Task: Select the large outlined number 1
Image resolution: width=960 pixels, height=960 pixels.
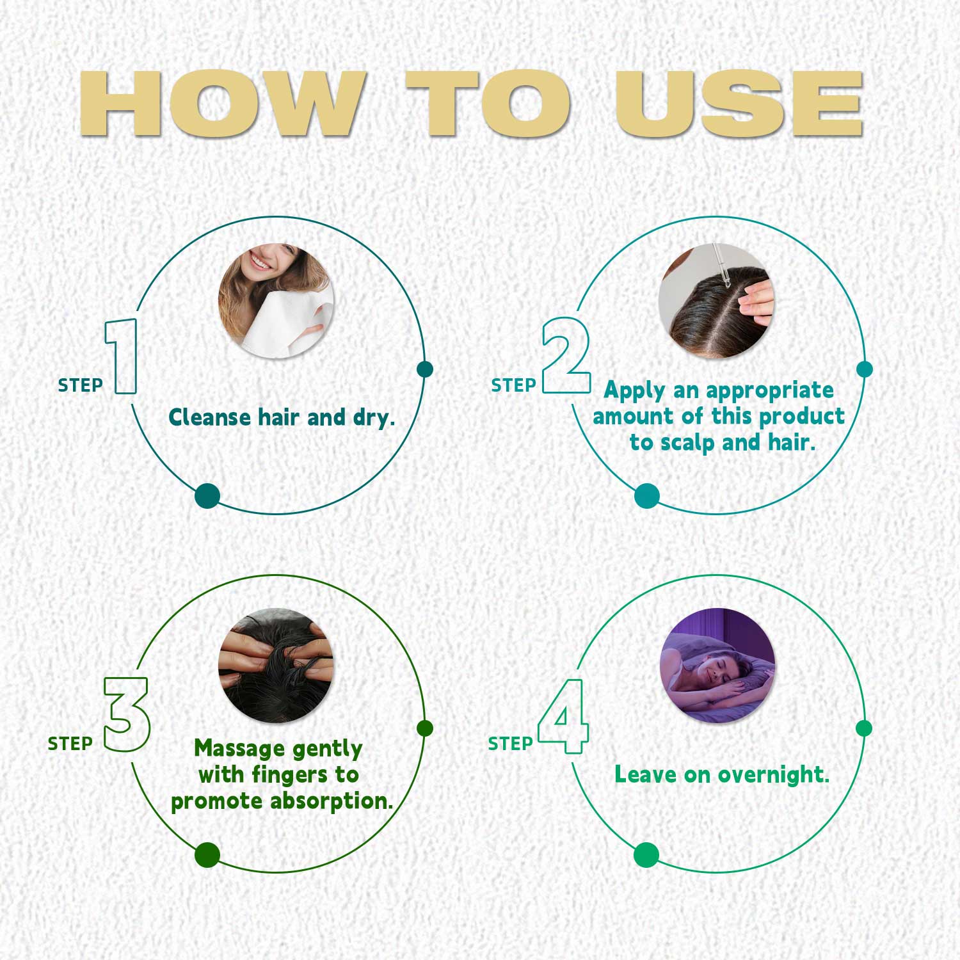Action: click(122, 356)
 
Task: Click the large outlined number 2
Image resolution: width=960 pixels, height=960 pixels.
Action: click(566, 355)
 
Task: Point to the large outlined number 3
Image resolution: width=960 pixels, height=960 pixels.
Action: click(127, 714)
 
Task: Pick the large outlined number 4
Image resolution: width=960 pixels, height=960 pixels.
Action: click(563, 716)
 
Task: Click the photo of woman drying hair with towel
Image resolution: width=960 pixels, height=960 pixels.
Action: click(276, 301)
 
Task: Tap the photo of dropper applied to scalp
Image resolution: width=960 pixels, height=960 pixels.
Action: click(716, 301)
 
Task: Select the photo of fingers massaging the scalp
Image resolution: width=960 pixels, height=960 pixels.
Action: click(276, 666)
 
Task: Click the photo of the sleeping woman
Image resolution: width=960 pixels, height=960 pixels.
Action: click(717, 666)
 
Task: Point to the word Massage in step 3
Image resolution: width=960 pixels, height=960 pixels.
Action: click(239, 749)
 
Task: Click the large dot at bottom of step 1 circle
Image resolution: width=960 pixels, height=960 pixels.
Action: click(207, 496)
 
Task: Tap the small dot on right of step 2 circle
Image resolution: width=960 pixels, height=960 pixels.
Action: click(864, 369)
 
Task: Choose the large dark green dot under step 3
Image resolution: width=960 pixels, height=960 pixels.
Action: click(207, 855)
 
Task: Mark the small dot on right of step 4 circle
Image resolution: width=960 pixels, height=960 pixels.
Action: click(864, 728)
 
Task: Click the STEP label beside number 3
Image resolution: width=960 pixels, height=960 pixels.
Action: click(70, 744)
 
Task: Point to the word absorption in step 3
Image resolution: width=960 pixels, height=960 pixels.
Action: click(331, 801)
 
